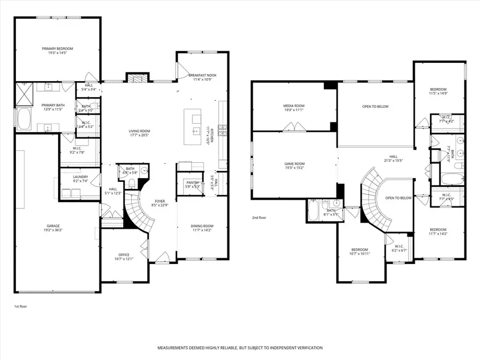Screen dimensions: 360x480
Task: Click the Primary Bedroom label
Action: click(57, 49)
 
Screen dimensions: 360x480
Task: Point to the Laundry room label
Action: click(80, 177)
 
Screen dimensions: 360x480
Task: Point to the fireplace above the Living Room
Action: click(135, 78)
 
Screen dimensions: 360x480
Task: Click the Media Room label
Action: click(293, 106)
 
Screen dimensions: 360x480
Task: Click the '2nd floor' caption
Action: click(259, 218)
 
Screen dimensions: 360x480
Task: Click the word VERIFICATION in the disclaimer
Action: click(305, 348)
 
